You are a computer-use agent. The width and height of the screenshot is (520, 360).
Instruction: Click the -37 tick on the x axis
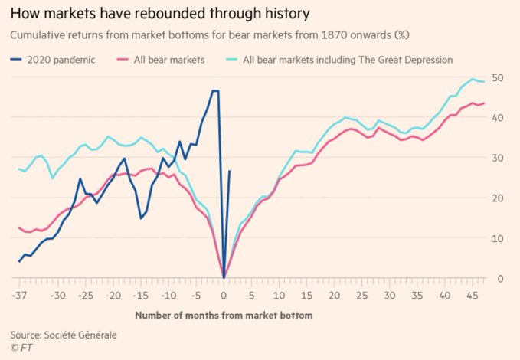(18, 295)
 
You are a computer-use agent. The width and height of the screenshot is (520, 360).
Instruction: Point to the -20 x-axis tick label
(113, 295)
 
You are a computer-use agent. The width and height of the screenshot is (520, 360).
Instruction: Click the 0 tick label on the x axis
(224, 295)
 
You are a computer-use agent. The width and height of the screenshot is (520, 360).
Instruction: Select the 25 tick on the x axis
(361, 295)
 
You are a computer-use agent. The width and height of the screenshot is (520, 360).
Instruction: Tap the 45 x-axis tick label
(472, 295)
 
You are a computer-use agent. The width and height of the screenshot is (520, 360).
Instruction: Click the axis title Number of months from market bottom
(224, 314)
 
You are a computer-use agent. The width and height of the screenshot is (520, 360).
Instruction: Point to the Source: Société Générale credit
(65, 334)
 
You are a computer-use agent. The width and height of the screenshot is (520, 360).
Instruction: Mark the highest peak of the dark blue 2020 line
(215, 91)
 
